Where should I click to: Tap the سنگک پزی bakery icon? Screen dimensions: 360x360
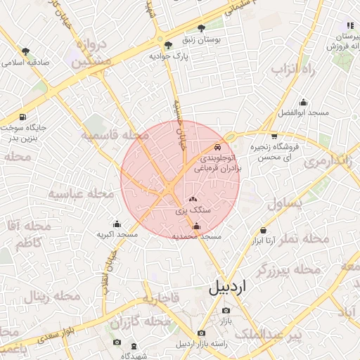pyautogui.click(x=193, y=200)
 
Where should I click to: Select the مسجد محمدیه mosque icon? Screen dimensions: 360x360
pyautogui.click(x=196, y=226)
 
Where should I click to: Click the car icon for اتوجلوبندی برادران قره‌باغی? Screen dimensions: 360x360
pyautogui.click(x=217, y=148)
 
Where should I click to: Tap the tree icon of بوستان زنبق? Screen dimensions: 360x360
pyautogui.click(x=202, y=29)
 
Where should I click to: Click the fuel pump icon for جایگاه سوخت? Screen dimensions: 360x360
pyautogui.click(x=23, y=117)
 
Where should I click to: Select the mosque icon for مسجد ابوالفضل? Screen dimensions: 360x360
pyautogui.click(x=303, y=102)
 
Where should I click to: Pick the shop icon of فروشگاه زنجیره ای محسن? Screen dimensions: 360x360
pyautogui.click(x=274, y=136)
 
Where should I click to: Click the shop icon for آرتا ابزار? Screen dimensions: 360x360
pyautogui.click(x=263, y=230)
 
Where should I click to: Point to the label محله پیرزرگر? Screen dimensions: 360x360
pyautogui.click(x=288, y=269)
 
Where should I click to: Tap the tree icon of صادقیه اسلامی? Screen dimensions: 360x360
pyautogui.click(x=26, y=51)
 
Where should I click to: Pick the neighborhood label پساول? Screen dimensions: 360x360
pyautogui.click(x=284, y=204)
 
